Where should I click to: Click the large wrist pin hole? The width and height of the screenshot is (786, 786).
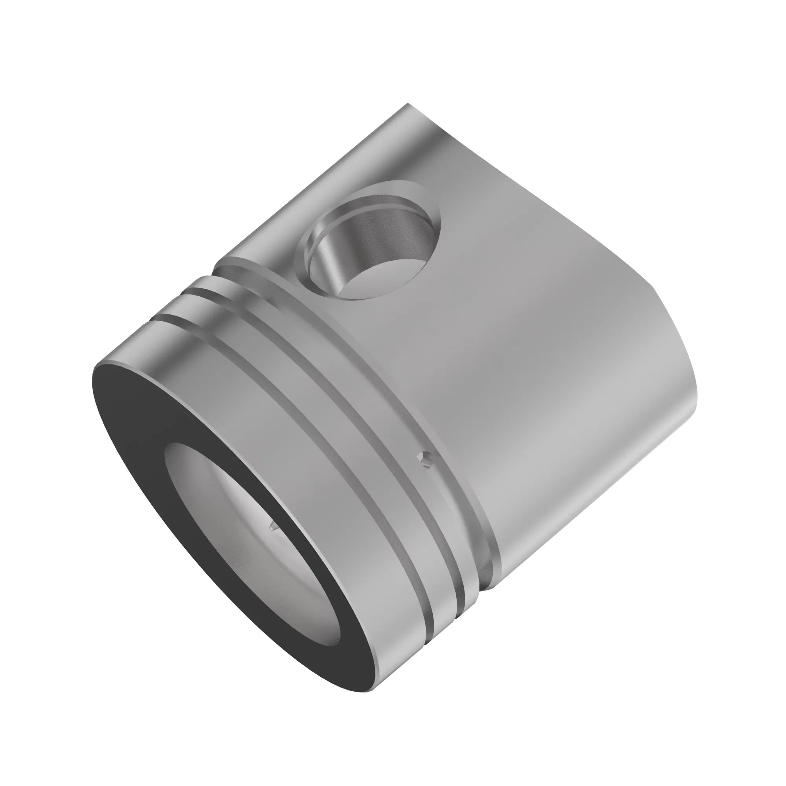[372, 244]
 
